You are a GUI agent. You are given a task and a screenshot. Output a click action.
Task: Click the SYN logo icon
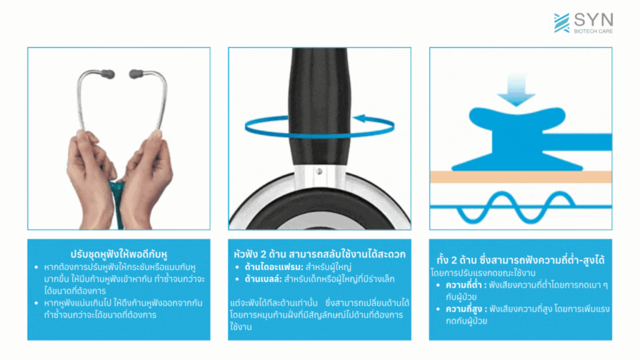561,22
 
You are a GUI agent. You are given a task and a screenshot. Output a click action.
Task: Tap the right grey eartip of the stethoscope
136,74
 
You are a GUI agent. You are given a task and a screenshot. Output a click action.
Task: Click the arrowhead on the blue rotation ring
360,119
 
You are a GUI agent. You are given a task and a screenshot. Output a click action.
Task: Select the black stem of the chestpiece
319,94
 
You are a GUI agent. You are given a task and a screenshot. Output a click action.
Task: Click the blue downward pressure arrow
520,88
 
